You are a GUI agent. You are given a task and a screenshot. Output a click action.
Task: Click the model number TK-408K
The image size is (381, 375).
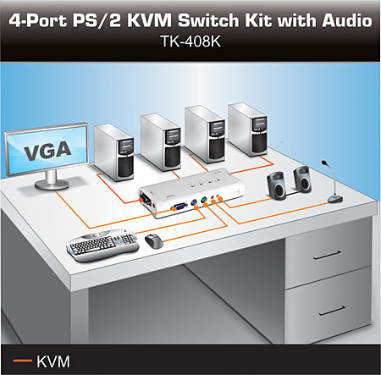[x=190, y=41]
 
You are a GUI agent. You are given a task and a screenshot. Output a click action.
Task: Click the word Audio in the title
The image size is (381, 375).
[x=347, y=20]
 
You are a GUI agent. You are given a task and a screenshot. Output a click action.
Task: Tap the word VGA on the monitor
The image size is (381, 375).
[x=47, y=151]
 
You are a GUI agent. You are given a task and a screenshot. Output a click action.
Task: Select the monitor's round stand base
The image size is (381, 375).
[x=52, y=185]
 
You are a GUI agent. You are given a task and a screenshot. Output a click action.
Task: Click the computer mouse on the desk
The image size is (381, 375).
[x=154, y=241]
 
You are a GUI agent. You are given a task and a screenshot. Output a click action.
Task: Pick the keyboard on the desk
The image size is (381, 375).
[x=102, y=245]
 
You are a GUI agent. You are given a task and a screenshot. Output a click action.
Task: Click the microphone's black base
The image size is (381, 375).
[x=335, y=199]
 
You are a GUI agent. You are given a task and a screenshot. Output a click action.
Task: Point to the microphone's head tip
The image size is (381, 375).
[x=324, y=163]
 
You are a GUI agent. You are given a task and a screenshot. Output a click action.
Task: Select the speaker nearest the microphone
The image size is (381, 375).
[x=302, y=179]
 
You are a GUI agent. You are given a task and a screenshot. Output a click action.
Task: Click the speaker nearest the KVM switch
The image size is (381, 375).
[x=277, y=186]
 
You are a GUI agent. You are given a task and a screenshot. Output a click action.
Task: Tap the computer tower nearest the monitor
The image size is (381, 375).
[x=114, y=152]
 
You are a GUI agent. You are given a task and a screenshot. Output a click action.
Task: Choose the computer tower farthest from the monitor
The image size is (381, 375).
[x=248, y=130]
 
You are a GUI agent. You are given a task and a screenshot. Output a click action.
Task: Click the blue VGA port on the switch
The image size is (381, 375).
[x=179, y=206]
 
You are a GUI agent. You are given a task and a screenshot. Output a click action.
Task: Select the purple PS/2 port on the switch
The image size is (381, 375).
[x=193, y=203]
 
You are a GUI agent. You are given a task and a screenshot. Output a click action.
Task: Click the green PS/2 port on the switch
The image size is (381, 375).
[x=204, y=200]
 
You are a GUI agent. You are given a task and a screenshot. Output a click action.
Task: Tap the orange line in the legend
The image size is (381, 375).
[x=23, y=361]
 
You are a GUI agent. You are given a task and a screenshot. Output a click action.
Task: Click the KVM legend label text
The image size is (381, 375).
[x=53, y=361]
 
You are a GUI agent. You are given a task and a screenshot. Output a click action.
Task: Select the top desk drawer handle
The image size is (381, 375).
[x=327, y=255]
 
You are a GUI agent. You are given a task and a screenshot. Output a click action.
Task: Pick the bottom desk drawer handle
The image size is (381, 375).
[x=333, y=311]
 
